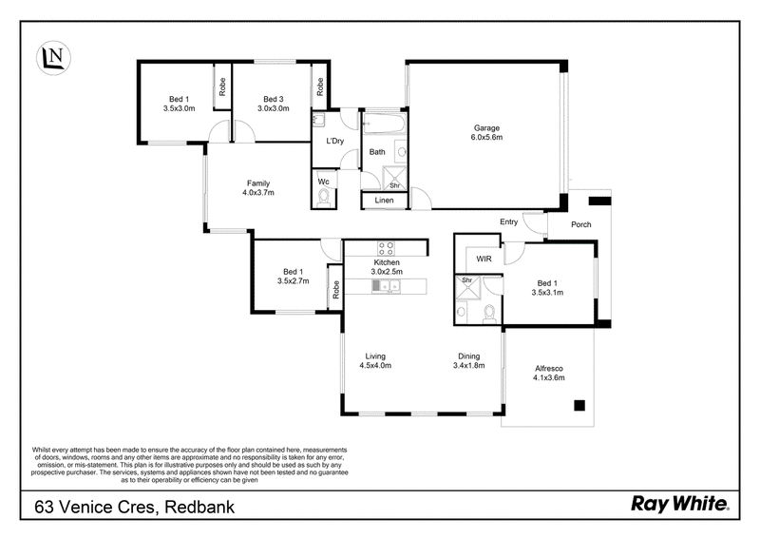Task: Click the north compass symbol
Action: (53, 57)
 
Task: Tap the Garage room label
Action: (486, 128)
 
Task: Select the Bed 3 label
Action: (274, 99)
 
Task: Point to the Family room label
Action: (258, 183)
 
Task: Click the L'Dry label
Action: (335, 142)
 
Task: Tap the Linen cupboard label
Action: (385, 201)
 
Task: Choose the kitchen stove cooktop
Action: (387, 248)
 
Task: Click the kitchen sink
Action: (387, 286)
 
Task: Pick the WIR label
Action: (484, 259)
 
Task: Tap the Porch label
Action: (580, 224)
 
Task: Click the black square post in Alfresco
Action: (579, 405)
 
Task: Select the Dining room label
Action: (468, 356)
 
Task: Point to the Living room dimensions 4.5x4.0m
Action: (375, 365)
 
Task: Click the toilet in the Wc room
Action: (324, 197)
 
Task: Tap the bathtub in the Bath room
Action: (384, 124)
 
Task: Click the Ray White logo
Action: (679, 505)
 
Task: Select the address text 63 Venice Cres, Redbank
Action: (134, 508)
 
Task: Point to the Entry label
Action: (508, 221)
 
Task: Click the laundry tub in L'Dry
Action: (318, 120)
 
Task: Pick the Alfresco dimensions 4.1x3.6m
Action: (549, 377)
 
